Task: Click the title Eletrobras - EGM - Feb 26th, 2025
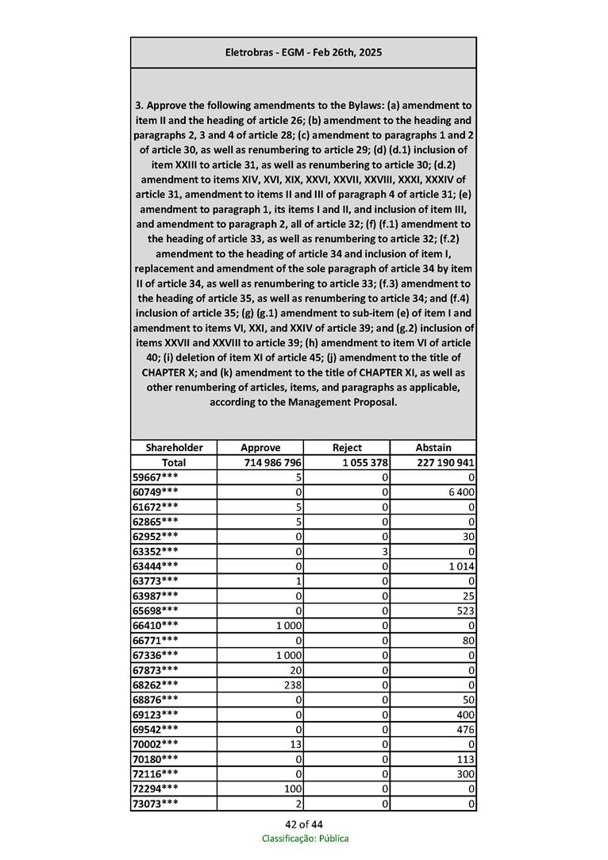point(303,52)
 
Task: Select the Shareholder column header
point(174,448)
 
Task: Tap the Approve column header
point(260,448)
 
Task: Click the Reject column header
point(347,448)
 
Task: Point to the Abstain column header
point(433,448)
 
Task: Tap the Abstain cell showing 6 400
point(460,492)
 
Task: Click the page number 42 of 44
point(304,823)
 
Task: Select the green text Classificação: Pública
point(305,839)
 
